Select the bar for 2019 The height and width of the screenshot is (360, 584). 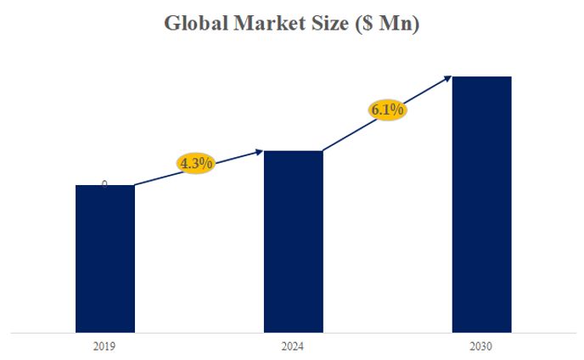coord(104,258)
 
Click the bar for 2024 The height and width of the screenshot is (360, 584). coord(293,241)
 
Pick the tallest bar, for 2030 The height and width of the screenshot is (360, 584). coord(481,204)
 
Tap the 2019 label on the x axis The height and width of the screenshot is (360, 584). coord(104,346)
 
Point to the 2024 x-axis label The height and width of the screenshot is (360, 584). coord(293,346)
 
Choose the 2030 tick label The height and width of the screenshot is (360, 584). coord(481,346)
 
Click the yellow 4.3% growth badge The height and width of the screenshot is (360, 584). coord(196,163)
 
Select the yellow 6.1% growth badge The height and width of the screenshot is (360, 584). coord(387,110)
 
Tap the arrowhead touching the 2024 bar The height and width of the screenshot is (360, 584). coord(260,152)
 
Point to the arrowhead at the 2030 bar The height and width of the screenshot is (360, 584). coord(449,78)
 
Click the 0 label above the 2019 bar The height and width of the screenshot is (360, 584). coord(104,183)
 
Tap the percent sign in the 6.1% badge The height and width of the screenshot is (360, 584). coord(398,110)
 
